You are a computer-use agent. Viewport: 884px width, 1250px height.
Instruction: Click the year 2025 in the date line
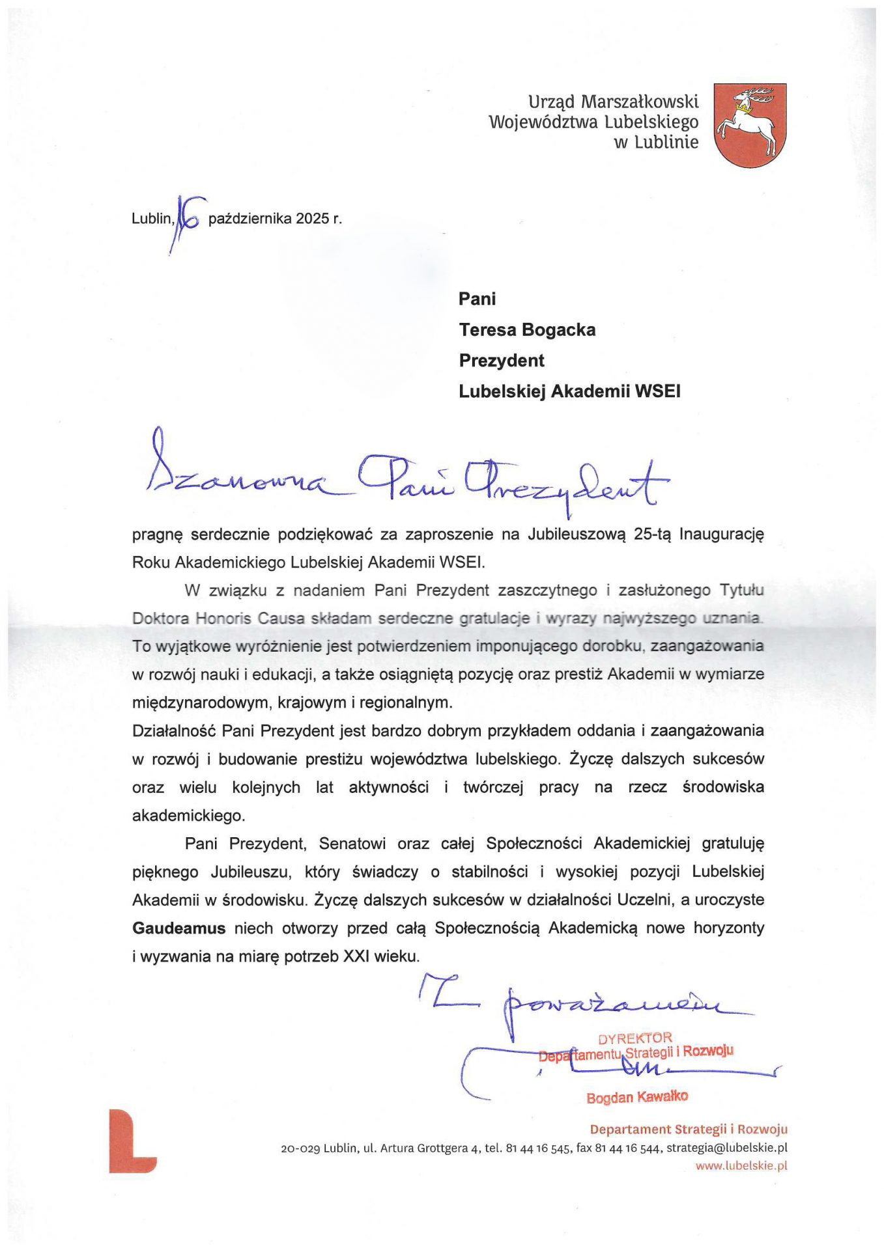point(313,219)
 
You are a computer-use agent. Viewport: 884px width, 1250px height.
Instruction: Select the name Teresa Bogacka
point(527,330)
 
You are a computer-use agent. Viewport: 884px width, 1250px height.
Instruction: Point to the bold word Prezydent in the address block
point(502,361)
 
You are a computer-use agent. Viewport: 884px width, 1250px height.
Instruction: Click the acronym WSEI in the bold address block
point(657,391)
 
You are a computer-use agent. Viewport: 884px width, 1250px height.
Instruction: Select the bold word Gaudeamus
point(178,928)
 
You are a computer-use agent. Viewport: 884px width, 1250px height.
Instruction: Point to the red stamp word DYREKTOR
point(634,1038)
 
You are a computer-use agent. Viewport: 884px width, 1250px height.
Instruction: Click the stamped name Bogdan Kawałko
point(636,1097)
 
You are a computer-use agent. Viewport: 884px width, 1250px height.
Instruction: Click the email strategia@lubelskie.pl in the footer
point(726,1148)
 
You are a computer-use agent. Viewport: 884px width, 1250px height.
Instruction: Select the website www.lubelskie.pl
point(741,1166)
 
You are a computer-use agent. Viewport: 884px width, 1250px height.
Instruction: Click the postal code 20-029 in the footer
point(300,1148)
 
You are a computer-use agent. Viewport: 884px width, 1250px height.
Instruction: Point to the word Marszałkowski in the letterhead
point(639,102)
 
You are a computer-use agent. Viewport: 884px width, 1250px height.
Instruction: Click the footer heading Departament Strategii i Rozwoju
point(688,1130)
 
